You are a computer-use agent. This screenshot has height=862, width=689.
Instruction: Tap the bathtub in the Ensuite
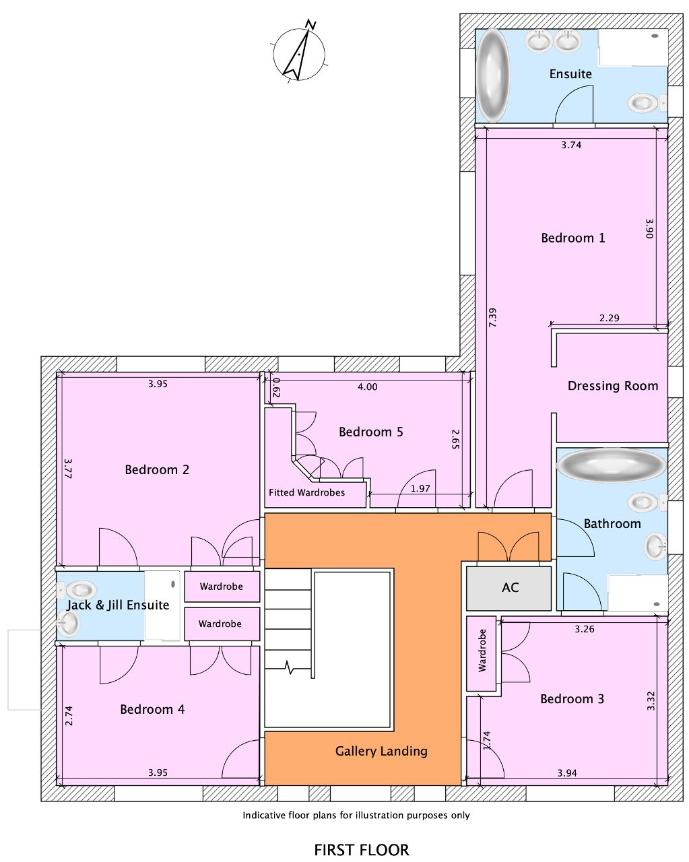point(493,75)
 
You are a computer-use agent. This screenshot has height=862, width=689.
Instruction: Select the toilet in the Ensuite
point(646,103)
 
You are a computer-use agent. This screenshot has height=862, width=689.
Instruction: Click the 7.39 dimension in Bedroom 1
point(493,317)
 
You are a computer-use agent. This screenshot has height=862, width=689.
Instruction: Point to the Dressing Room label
point(613,386)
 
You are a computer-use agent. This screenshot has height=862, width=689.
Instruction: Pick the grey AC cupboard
point(508,588)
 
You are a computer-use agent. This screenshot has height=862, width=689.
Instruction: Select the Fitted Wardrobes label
point(306,492)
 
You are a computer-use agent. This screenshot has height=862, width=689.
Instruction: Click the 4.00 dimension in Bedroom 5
point(367,387)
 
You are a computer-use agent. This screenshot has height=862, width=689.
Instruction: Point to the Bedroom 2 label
point(157,469)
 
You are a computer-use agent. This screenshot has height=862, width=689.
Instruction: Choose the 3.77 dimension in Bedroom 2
point(68,468)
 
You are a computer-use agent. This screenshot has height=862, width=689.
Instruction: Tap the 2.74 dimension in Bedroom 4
point(69,716)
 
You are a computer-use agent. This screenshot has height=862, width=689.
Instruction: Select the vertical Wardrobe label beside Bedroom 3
point(482,651)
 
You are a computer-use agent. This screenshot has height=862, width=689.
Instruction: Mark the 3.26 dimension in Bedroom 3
point(584,629)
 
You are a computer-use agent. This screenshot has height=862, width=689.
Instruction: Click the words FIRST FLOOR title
point(361,850)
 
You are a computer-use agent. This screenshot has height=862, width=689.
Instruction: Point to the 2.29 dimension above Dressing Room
point(609,318)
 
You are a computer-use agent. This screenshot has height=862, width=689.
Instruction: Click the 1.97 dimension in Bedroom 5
point(420,488)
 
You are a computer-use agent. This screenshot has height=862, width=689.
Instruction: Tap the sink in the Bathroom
point(656,546)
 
